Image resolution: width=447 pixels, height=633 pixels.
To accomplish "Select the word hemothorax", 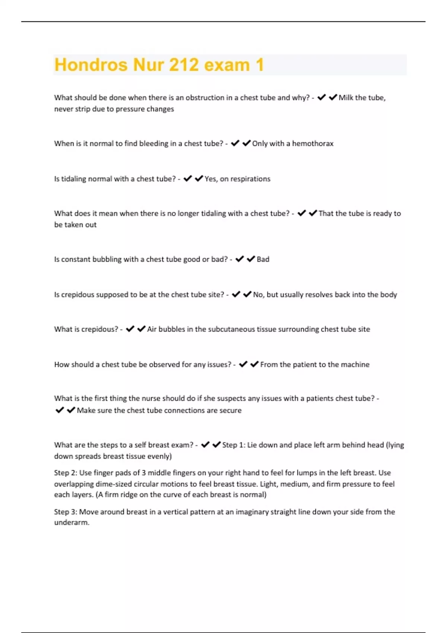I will pos(313,144).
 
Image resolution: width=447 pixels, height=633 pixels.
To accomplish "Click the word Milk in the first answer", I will pos(346,98).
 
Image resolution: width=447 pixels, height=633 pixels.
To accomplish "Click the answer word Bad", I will pos(263,260).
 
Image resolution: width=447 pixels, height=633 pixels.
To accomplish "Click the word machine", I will pos(356,365).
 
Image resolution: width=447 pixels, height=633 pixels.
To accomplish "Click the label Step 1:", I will pos(234,445).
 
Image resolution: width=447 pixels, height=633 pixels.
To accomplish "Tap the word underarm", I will pos(72,522).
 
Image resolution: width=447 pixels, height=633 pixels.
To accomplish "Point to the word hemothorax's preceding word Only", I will pos(260,144).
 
